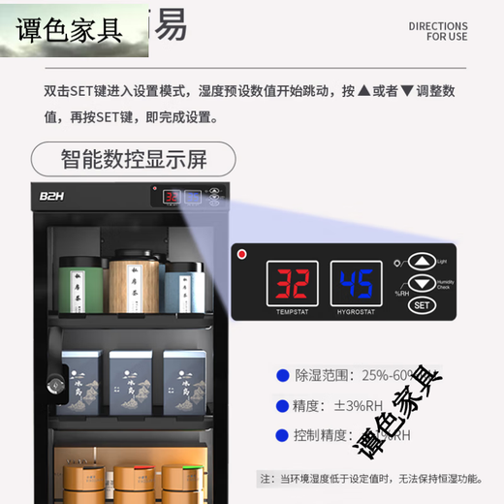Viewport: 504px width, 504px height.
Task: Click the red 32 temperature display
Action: click(x=291, y=284)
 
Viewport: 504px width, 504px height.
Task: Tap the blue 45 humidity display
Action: click(x=354, y=284)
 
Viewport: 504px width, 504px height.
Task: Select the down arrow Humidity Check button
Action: click(x=421, y=283)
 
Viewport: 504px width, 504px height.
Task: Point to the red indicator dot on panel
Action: click(x=242, y=256)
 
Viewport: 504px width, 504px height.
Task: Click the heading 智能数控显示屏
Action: click(x=133, y=159)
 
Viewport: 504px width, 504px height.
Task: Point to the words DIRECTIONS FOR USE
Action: click(x=437, y=31)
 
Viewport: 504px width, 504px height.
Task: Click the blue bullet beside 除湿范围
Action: click(x=282, y=373)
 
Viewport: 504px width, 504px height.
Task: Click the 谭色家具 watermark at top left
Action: click(x=70, y=30)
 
